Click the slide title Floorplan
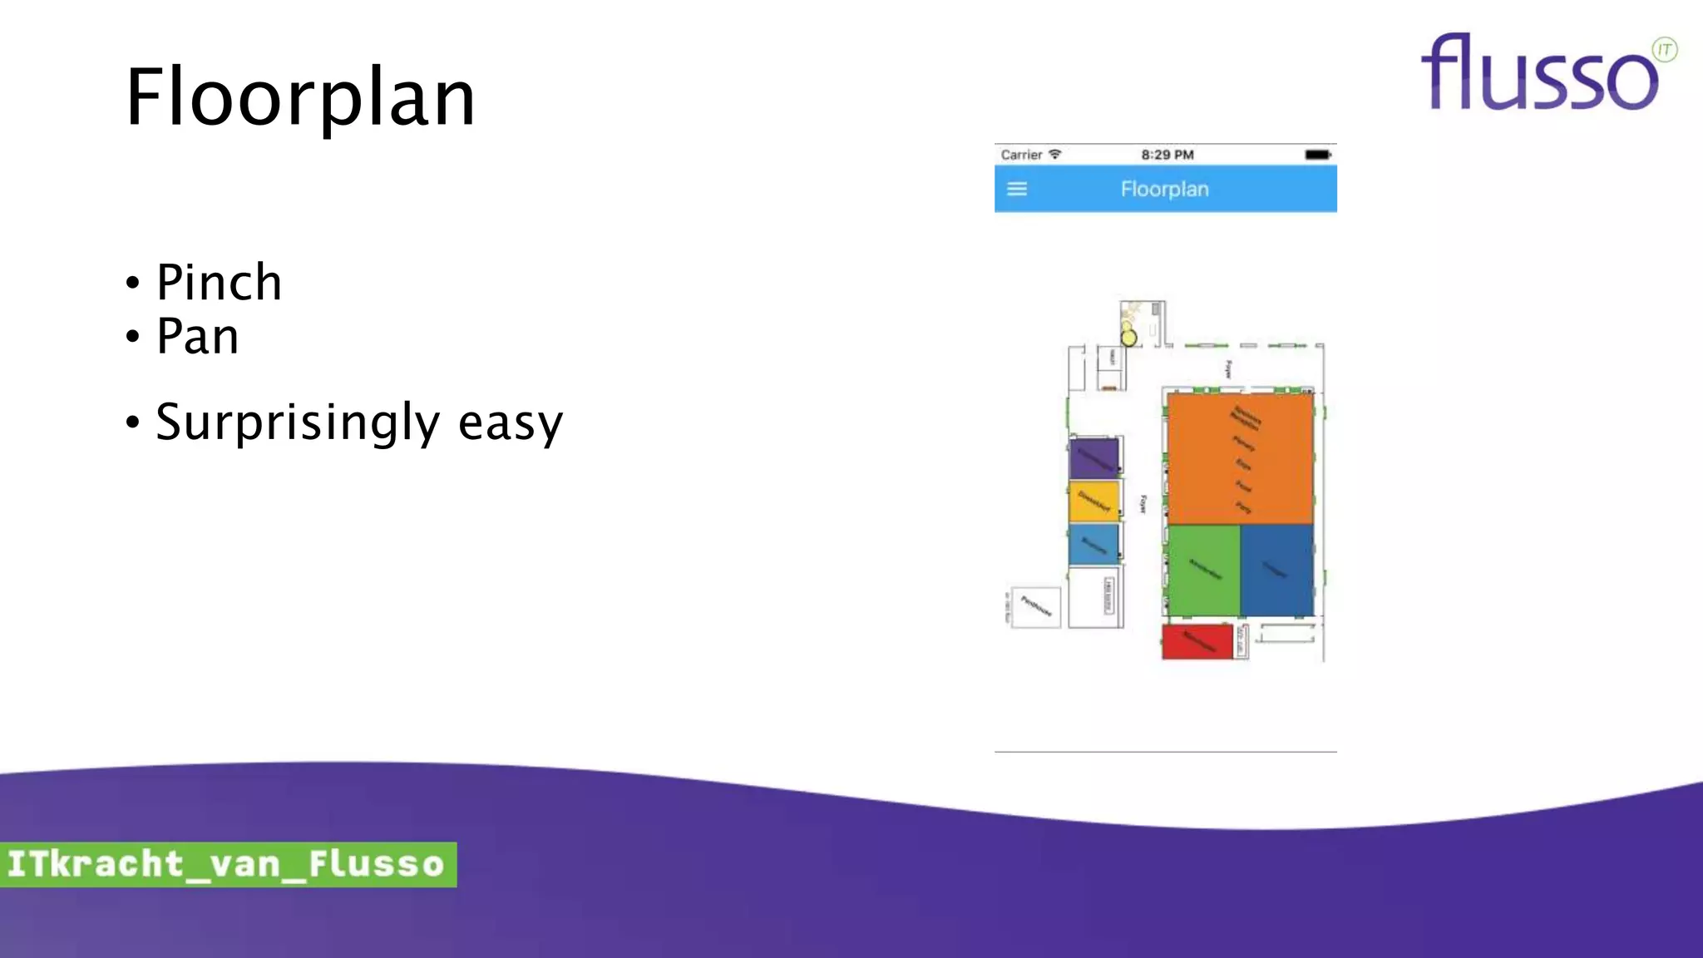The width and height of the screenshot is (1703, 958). pyautogui.click(x=300, y=98)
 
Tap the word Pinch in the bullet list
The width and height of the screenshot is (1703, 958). pyautogui.click(x=219, y=283)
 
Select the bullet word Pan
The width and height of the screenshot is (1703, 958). pyautogui.click(x=197, y=337)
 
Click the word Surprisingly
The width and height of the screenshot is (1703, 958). pyautogui.click(x=297, y=422)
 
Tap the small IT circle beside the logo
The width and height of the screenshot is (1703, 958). pyautogui.click(x=1664, y=50)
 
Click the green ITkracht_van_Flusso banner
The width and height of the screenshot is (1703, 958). pyautogui.click(x=227, y=864)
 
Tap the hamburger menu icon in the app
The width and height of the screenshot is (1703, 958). pyautogui.click(x=1017, y=189)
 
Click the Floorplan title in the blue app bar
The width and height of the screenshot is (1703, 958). pyautogui.click(x=1164, y=189)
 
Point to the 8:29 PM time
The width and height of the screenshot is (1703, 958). pyautogui.click(x=1167, y=155)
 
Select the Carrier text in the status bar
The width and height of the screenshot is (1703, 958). pyautogui.click(x=1021, y=155)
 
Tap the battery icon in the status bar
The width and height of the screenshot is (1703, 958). pyautogui.click(x=1317, y=155)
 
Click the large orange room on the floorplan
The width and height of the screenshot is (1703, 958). pyautogui.click(x=1239, y=457)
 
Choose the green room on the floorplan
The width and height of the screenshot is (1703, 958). pyautogui.click(x=1203, y=570)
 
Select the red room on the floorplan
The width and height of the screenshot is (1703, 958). pyautogui.click(x=1196, y=642)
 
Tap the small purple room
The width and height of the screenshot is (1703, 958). pyautogui.click(x=1093, y=457)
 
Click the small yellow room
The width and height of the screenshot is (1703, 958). pyautogui.click(x=1093, y=501)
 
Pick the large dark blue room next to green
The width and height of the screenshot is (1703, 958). pyautogui.click(x=1276, y=570)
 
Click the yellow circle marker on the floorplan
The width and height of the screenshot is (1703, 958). pyautogui.click(x=1128, y=338)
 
